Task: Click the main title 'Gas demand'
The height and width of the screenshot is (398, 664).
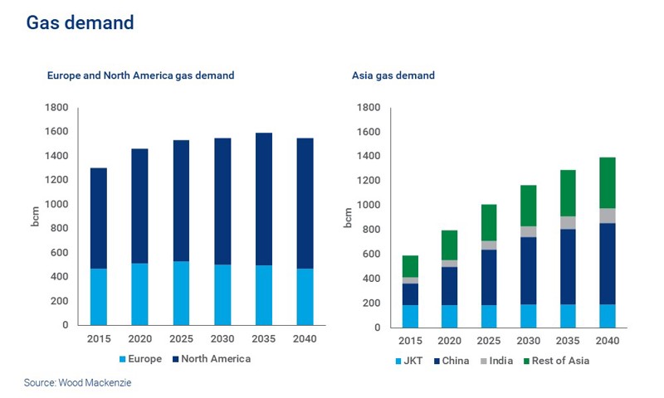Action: (80, 23)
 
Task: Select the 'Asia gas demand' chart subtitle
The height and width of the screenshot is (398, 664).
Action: (393, 75)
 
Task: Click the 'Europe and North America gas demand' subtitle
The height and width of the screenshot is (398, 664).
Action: (140, 75)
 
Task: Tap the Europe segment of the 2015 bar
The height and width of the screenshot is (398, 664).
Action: (98, 296)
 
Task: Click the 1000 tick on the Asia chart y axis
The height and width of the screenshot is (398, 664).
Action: (368, 205)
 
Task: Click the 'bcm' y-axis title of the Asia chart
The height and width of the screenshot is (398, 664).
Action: (349, 217)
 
